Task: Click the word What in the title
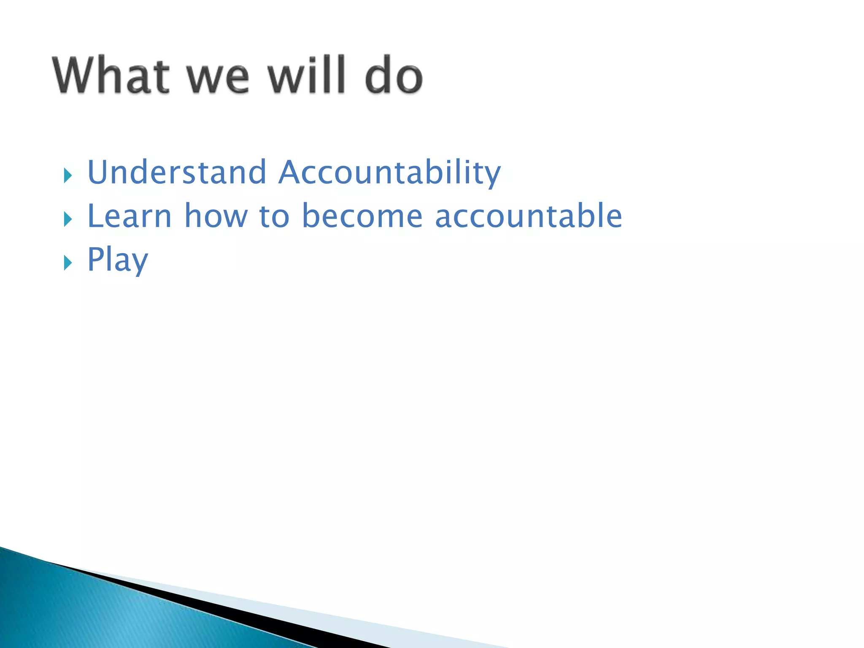[x=111, y=75]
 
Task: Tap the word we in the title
[x=218, y=78]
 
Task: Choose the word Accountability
[x=389, y=173]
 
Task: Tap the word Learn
[x=129, y=216]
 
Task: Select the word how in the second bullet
[x=216, y=216]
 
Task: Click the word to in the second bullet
[x=274, y=216]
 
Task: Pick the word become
[x=362, y=216]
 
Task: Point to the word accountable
[x=528, y=216]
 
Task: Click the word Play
[x=117, y=260]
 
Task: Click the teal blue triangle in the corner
[x=84, y=612]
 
